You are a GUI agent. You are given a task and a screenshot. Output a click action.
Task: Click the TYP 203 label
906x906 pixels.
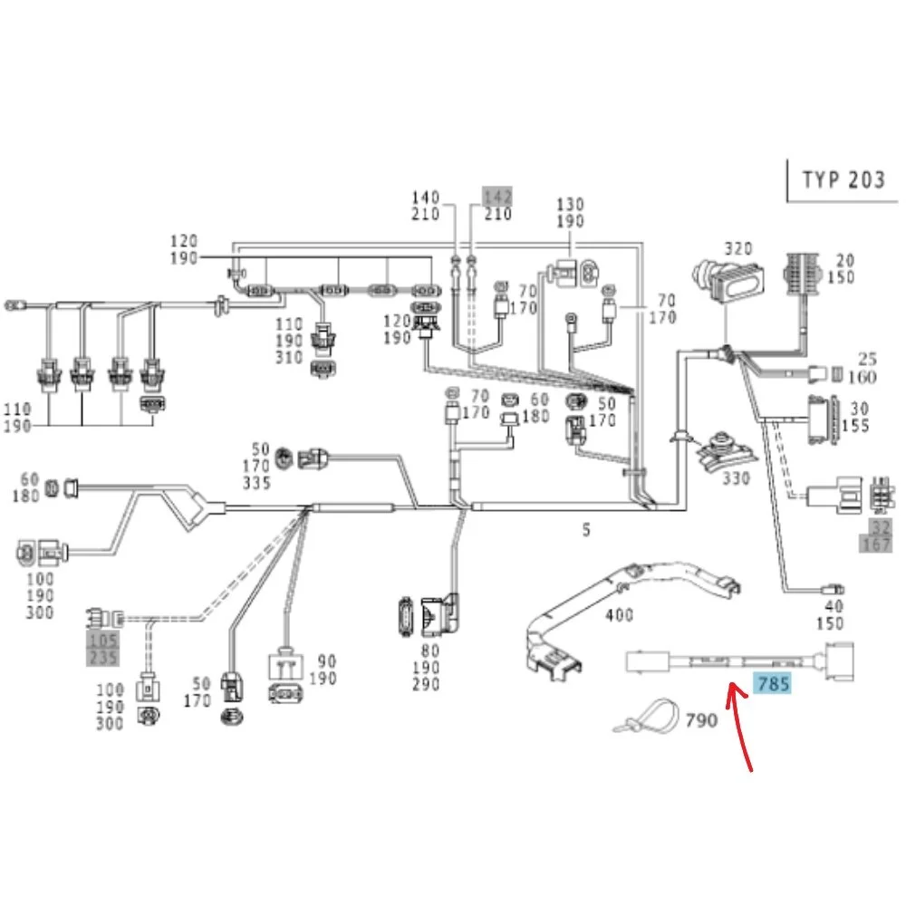click(x=843, y=179)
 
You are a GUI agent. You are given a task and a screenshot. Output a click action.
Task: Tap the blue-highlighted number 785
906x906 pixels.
click(x=773, y=684)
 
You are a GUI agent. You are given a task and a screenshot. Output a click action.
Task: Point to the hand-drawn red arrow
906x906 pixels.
click(x=738, y=725)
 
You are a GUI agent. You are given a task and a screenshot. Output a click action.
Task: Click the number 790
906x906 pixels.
click(x=701, y=720)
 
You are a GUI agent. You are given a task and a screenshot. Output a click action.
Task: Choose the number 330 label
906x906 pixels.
click(x=736, y=478)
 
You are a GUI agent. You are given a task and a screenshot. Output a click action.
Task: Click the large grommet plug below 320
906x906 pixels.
click(x=728, y=282)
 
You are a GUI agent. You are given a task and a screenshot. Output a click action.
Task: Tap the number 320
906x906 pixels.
click(x=738, y=248)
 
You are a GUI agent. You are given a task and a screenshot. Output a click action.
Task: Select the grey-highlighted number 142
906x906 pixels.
click(x=497, y=197)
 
